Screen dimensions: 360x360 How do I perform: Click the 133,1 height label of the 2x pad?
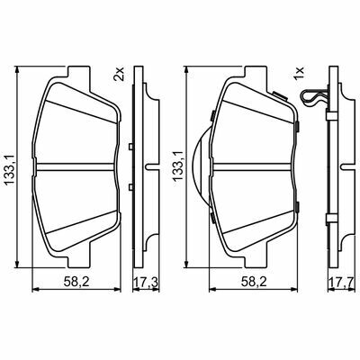[x=10, y=166]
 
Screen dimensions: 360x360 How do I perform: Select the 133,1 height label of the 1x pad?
[x=177, y=165]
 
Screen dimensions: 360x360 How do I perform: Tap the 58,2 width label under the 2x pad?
[x=77, y=282]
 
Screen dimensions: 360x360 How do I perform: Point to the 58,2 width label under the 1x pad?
[x=253, y=282]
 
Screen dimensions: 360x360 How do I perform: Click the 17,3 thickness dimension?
[x=146, y=282]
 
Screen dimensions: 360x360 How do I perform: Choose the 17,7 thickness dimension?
[x=342, y=282]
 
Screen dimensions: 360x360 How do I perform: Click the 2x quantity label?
[x=119, y=74]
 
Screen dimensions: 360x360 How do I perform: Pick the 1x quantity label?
[x=299, y=74]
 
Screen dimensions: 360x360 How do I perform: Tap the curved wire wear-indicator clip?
[x=312, y=97]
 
